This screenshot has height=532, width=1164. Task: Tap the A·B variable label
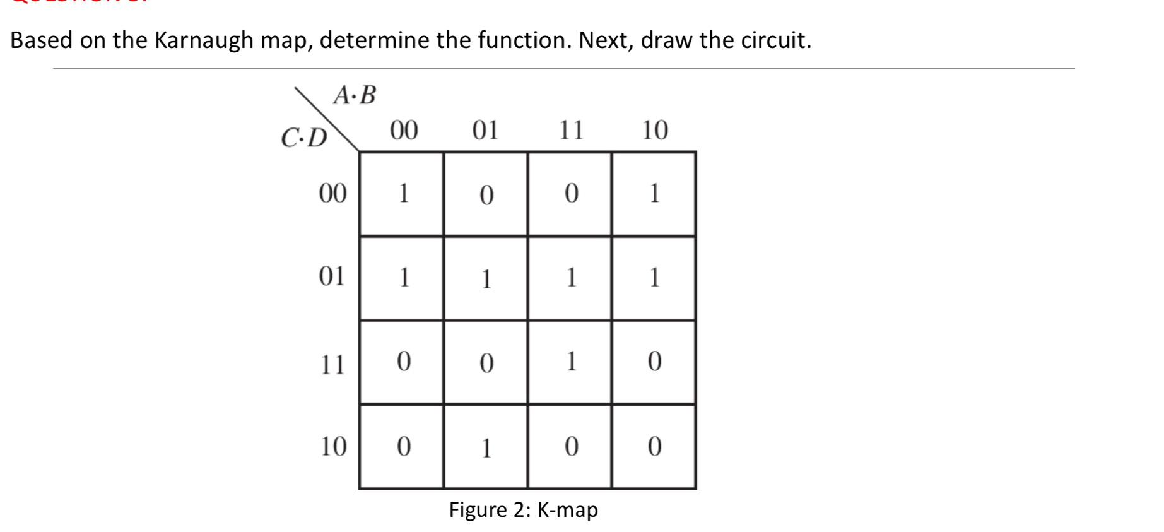point(355,95)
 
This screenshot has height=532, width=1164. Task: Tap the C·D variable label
point(304,138)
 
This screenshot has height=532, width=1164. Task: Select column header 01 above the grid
point(485,130)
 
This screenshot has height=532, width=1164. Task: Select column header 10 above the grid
point(654,130)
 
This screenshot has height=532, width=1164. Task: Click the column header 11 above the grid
point(571,130)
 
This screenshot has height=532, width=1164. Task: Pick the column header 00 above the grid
point(403,130)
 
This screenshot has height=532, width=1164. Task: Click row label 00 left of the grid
point(332,193)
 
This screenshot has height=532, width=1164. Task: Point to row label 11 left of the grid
point(332,365)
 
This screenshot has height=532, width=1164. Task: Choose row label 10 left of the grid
point(332,447)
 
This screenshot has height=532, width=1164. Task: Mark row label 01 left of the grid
point(332,276)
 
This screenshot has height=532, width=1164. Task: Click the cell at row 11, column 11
point(570,362)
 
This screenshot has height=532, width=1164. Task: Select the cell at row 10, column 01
point(485,447)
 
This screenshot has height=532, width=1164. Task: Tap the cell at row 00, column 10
point(654,193)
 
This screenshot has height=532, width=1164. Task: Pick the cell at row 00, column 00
point(402,193)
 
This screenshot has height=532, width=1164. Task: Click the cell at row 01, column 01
point(485,278)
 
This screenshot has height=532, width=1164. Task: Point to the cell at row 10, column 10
point(654,447)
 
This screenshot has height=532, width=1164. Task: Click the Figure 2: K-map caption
point(523,510)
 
